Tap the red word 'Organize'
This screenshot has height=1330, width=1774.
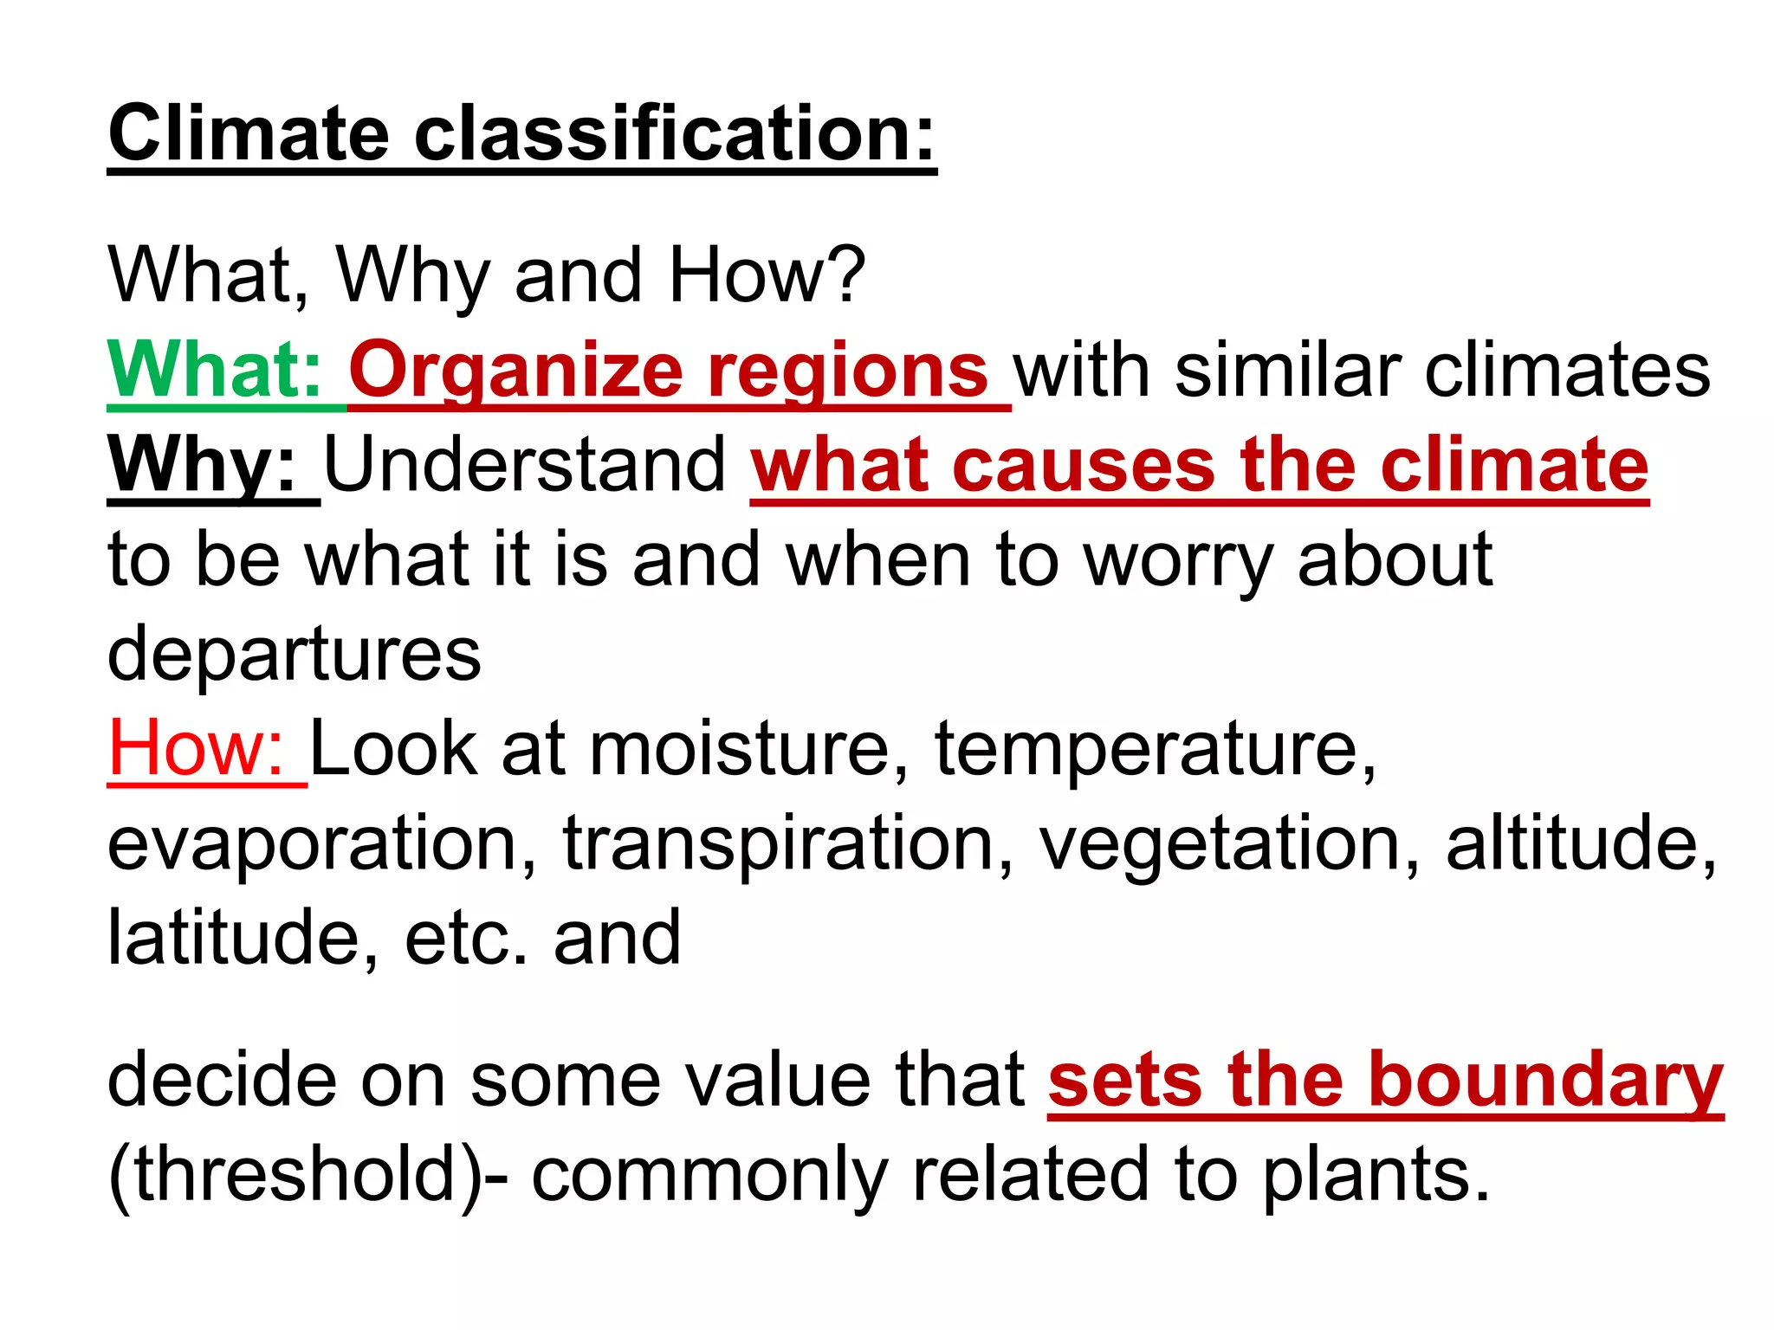pyautogui.click(x=516, y=371)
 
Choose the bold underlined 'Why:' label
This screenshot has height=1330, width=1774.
pyautogui.click(x=203, y=465)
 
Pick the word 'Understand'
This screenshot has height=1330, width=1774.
pyautogui.click(x=525, y=465)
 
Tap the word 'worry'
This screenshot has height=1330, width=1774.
pyautogui.click(x=1178, y=560)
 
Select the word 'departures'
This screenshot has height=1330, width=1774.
pyautogui.click(x=294, y=654)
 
